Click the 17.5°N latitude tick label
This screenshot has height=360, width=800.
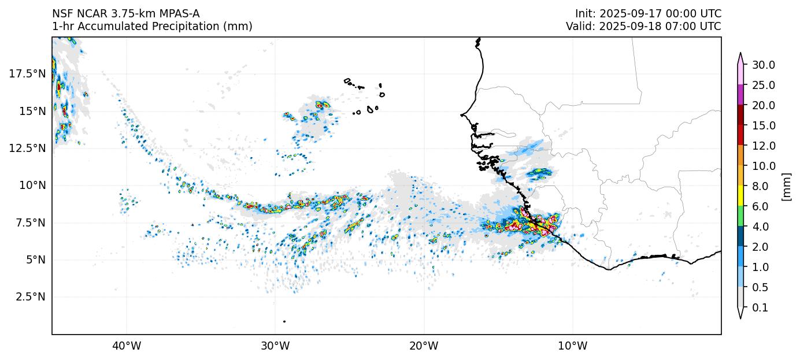27,73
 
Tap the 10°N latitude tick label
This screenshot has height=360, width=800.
29,185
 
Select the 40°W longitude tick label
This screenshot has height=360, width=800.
126,346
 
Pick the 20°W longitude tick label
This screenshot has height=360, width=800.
424,346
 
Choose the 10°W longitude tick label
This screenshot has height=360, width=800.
572,346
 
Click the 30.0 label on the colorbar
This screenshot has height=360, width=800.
763,65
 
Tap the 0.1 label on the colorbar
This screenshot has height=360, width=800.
760,308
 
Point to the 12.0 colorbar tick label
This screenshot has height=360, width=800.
763,146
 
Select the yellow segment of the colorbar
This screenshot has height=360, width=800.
740,196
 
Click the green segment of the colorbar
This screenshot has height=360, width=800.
740,216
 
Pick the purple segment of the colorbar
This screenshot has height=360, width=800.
740,95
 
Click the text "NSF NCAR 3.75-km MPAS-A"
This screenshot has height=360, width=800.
126,13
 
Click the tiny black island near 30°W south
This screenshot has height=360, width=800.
284,321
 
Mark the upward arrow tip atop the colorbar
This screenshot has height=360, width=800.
740,54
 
